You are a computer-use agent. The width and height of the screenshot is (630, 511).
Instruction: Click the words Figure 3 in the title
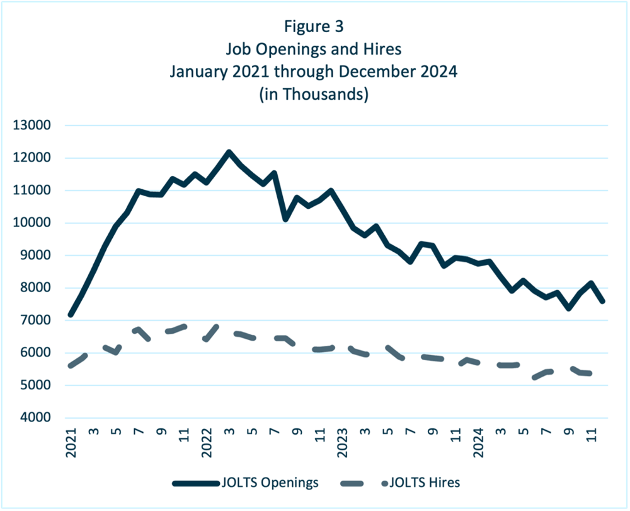click(314, 26)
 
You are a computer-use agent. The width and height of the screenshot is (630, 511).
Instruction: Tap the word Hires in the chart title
click(382, 49)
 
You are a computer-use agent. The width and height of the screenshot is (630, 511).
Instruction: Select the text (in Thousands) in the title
click(314, 94)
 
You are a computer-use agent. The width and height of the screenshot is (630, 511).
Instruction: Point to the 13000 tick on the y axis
click(32, 125)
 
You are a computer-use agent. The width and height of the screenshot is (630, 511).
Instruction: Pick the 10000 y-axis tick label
click(32, 223)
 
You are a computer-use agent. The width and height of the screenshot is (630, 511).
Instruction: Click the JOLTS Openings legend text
click(270, 483)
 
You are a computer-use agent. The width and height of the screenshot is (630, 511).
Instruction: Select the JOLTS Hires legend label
click(425, 483)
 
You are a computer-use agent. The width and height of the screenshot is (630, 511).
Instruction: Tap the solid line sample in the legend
click(196, 483)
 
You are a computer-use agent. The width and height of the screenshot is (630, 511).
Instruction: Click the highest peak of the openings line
click(229, 152)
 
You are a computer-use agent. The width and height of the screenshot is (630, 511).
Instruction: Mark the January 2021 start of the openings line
click(71, 315)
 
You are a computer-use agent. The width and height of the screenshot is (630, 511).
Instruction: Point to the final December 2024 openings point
click(603, 301)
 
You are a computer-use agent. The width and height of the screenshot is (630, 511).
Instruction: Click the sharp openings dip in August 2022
click(285, 220)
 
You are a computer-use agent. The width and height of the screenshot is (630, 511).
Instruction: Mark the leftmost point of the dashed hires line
click(71, 366)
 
